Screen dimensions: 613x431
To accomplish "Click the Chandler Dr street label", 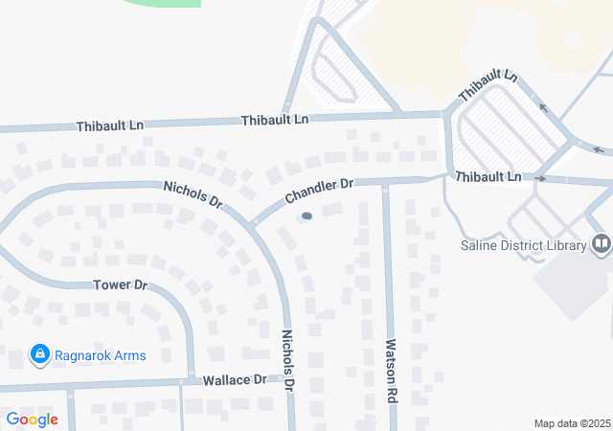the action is [319, 191].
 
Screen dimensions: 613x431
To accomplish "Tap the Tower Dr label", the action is [120, 285].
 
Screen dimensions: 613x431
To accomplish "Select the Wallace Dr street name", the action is [235, 380].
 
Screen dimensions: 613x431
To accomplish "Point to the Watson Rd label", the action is [391, 369].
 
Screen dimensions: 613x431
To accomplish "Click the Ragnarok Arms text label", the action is [101, 355].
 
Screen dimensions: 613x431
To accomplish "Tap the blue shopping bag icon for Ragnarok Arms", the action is [40, 355].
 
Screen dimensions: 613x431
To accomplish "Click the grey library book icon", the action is [602, 244].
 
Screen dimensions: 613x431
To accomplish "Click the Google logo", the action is [32, 419].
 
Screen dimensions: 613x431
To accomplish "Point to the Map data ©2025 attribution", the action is [572, 423].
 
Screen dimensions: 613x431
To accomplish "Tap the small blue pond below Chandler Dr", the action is [306, 216].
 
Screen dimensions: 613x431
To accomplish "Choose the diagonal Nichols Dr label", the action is [193, 194].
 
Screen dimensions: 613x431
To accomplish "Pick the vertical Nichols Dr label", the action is [288, 359].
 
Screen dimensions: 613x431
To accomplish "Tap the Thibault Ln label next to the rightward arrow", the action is [488, 177].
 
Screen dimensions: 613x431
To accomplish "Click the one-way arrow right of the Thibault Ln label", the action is [540, 178].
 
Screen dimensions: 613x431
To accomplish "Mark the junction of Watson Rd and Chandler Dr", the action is [386, 181].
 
